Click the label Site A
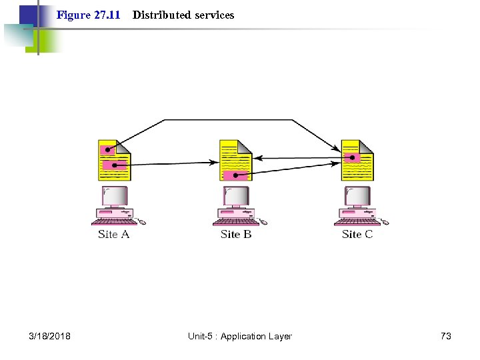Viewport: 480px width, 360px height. point(113,234)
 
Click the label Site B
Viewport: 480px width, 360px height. point(236,234)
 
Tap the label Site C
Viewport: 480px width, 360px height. point(357,234)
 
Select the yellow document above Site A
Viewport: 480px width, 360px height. point(115,160)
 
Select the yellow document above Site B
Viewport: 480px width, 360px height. point(236,160)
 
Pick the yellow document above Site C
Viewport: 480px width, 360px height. point(357,160)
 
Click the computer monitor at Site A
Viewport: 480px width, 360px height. point(115,196)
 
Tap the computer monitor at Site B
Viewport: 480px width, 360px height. point(236,196)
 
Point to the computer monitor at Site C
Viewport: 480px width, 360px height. point(357,196)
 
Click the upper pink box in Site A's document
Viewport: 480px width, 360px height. point(107,151)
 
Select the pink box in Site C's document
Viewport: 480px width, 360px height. point(351,159)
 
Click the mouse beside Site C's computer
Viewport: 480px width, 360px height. point(385,221)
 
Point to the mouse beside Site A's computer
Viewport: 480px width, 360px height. point(142,221)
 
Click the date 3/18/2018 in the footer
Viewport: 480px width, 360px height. point(51,336)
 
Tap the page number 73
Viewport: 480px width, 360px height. point(446,336)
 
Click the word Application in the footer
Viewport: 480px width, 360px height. point(243,336)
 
